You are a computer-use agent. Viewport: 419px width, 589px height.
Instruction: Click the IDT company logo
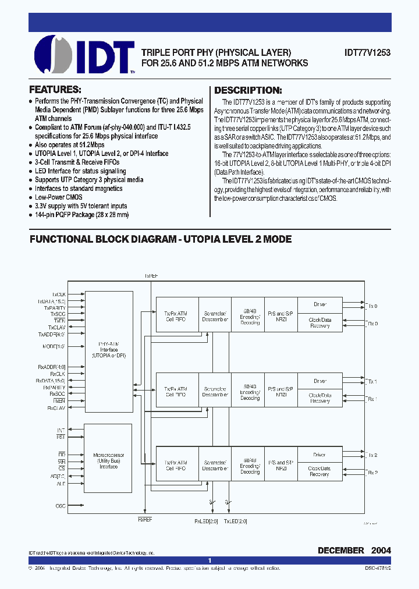tap(84, 55)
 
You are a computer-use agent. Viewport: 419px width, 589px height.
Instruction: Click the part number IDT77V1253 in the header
tap(367, 52)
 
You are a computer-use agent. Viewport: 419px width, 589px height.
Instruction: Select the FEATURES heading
tap(55, 90)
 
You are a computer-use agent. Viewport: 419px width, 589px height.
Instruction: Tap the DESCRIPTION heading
tap(248, 90)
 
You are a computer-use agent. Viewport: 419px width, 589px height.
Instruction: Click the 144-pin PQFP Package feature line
tap(81, 215)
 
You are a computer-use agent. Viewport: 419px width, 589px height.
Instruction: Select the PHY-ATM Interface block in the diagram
tap(108, 350)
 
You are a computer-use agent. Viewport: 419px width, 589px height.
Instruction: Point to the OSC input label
tap(61, 506)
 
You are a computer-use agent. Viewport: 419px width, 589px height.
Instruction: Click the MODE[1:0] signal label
tap(54, 346)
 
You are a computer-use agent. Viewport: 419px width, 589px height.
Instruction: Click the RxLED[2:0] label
tap(206, 521)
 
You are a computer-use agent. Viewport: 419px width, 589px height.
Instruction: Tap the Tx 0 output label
tap(372, 305)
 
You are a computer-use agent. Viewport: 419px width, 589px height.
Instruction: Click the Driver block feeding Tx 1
tap(319, 381)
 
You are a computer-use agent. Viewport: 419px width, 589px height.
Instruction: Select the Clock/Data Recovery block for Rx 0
tap(319, 322)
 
